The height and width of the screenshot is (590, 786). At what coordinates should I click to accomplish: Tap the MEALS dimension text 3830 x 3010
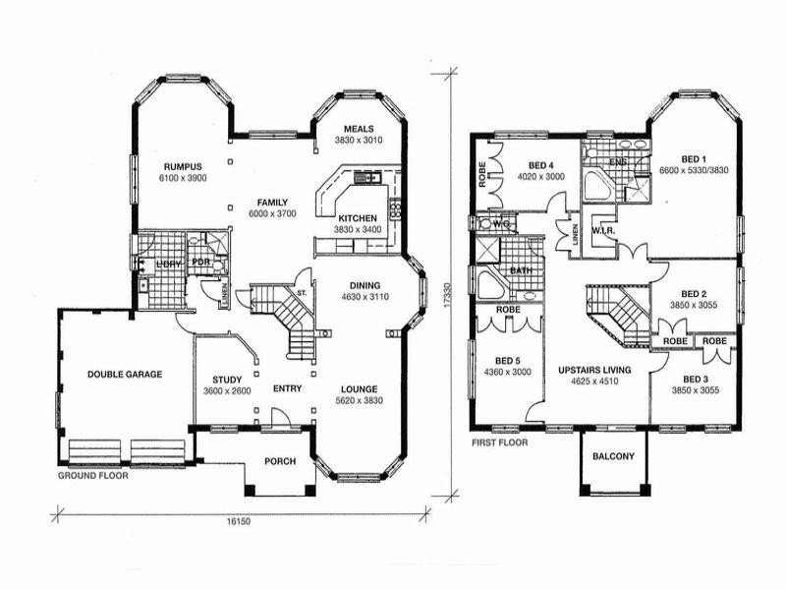tap(357, 141)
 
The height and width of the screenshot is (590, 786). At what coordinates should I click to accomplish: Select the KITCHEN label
tap(357, 217)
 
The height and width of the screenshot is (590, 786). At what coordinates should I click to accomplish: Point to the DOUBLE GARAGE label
tap(125, 374)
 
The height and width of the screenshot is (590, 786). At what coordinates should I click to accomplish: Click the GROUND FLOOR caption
tap(93, 474)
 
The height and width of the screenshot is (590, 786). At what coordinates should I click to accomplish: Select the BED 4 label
tap(541, 165)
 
